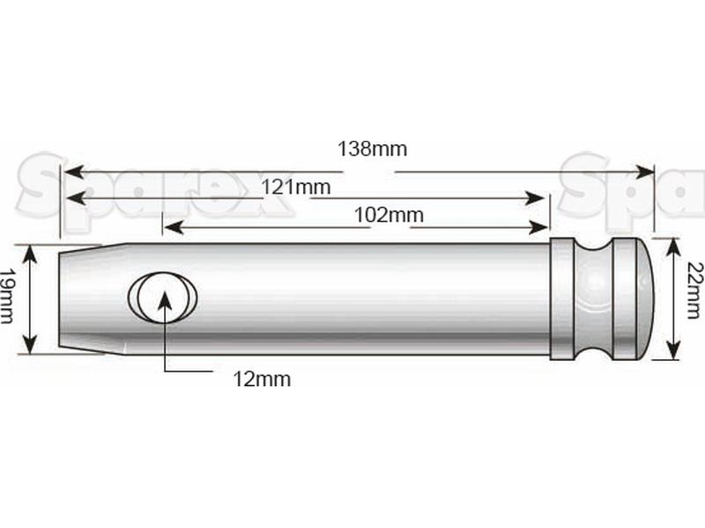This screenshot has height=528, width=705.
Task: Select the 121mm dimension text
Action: click(x=296, y=187)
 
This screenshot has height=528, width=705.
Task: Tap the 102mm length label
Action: click(x=389, y=215)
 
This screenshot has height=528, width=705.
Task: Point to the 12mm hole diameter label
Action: click(x=262, y=379)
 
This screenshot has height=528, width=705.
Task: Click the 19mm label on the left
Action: click(x=8, y=297)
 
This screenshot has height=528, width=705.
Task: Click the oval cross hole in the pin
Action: click(x=162, y=296)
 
